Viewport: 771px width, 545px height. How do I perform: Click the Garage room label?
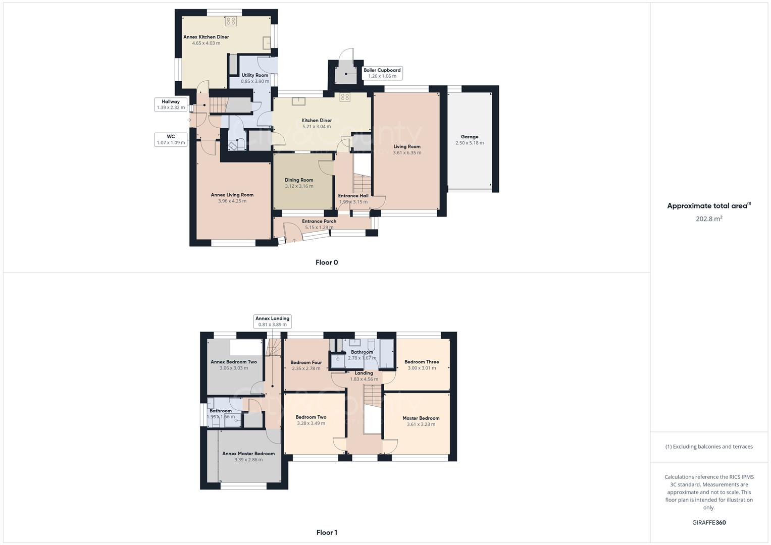coord(469,137)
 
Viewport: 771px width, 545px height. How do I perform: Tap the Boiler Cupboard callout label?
coord(382,71)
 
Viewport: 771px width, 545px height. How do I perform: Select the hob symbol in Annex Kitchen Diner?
coord(231,21)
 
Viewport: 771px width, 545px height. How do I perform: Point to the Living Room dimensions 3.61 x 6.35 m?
coord(407,153)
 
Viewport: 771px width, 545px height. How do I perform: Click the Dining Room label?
coord(299,180)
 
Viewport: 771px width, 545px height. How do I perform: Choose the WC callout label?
coord(171,137)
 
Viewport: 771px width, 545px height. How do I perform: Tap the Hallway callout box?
coord(171,104)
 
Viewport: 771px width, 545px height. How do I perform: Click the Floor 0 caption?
coord(327,262)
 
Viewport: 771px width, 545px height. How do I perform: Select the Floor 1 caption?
coord(327,532)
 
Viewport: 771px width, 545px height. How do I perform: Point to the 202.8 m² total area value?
coord(709,219)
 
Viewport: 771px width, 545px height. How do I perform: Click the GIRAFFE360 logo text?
coord(709,523)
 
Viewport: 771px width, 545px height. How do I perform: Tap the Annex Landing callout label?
coord(272,318)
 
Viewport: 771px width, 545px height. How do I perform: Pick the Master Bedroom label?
coord(421,418)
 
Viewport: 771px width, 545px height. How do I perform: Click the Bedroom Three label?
coord(422,362)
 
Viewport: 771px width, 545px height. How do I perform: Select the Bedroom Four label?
coord(306,362)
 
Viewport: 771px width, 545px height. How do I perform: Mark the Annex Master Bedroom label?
coord(248,454)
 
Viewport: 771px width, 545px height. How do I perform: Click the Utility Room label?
coord(255,75)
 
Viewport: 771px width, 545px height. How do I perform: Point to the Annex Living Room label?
coord(232,195)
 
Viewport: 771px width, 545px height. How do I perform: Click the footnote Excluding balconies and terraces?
coord(709,447)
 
